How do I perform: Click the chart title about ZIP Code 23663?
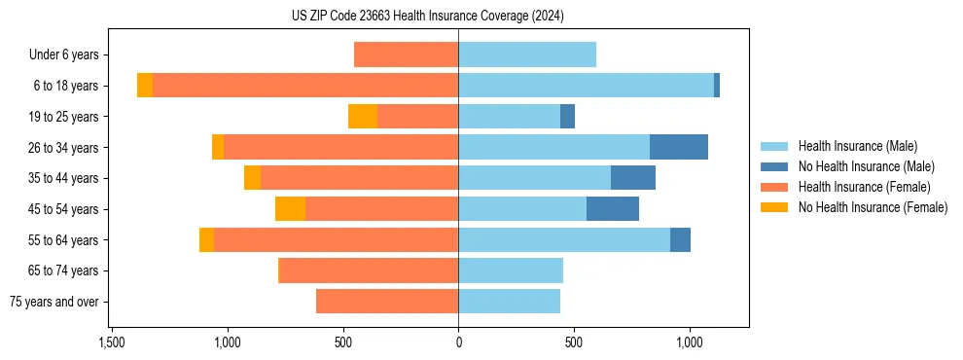(427, 16)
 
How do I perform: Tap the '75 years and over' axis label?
(54, 302)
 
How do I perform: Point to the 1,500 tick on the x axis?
(112, 342)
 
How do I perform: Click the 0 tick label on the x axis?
(458, 342)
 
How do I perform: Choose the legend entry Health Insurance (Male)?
(857, 146)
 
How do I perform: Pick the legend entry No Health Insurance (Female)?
(873, 207)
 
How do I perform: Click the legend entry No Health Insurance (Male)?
(866, 166)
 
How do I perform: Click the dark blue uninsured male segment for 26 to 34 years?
(678, 147)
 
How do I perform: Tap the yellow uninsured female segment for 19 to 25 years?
(363, 117)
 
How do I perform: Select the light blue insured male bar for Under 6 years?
(526, 55)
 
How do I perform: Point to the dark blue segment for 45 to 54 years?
(612, 209)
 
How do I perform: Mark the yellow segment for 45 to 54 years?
(290, 209)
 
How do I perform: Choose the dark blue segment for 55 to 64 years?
(680, 240)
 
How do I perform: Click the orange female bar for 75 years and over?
(387, 302)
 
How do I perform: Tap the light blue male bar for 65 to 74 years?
(511, 270)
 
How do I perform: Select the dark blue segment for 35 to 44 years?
(632, 178)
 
